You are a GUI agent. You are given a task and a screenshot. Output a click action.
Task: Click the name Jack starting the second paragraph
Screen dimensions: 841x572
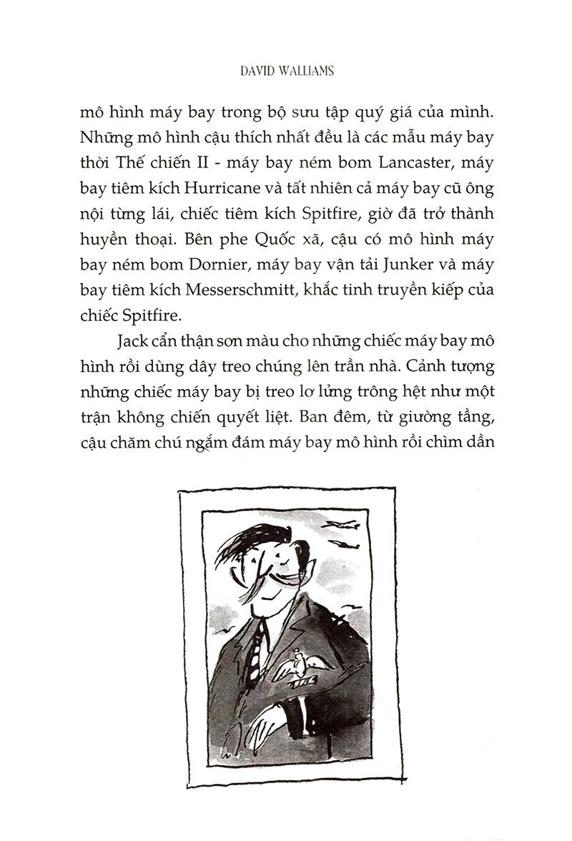(x=128, y=343)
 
